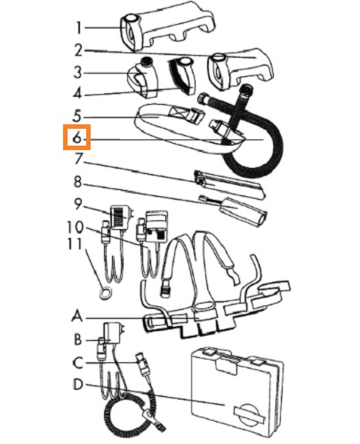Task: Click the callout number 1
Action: (x=78, y=28)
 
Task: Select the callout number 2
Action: (x=78, y=51)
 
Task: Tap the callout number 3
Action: (x=77, y=72)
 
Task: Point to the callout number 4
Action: (x=77, y=94)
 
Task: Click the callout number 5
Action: (x=77, y=116)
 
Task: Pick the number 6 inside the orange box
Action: (x=76, y=138)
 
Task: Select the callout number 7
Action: (x=78, y=159)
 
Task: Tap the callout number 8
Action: (x=77, y=182)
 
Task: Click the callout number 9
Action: (x=78, y=204)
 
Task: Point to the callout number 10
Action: (x=76, y=227)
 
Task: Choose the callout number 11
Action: (x=75, y=244)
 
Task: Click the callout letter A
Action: (x=77, y=316)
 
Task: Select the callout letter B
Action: (x=77, y=340)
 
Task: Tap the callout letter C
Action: (x=77, y=363)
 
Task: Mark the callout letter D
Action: (x=78, y=385)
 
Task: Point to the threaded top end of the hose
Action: (x=248, y=89)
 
